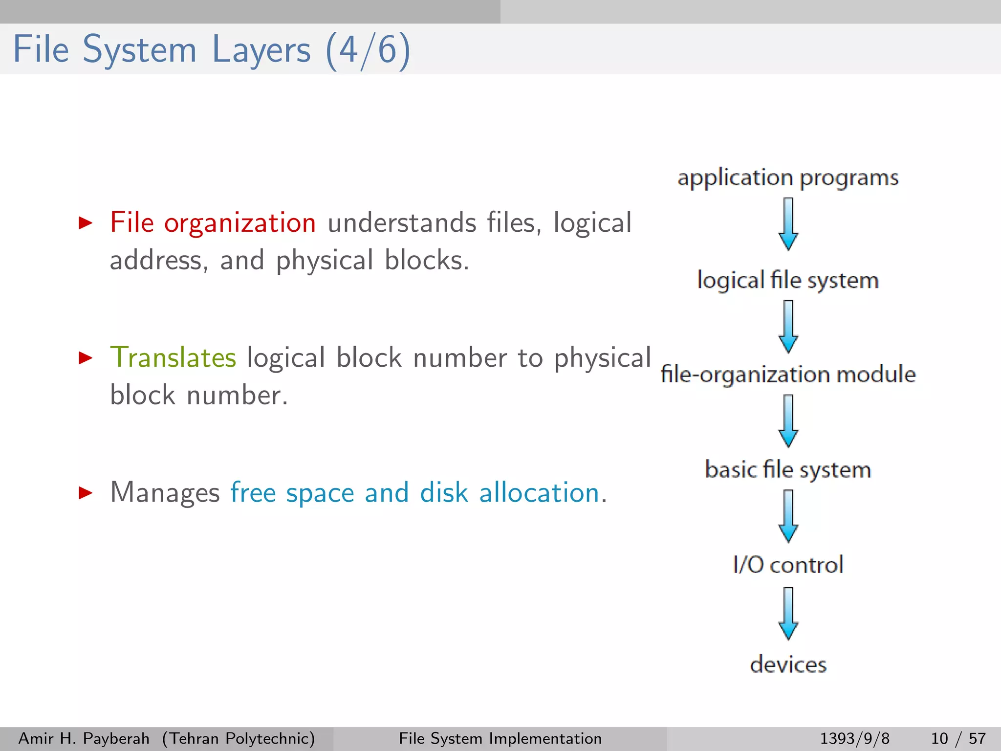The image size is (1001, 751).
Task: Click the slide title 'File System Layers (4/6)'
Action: click(x=211, y=50)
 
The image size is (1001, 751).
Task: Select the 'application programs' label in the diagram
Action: click(x=787, y=178)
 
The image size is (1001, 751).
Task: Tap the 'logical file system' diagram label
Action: click(x=787, y=281)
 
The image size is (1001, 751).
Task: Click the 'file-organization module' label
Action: click(x=787, y=375)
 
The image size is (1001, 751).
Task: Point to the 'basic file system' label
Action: click(x=787, y=469)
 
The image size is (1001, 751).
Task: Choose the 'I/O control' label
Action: click(x=787, y=565)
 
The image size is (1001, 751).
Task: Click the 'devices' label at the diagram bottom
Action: click(x=787, y=664)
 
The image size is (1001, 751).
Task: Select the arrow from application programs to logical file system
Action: click(x=788, y=224)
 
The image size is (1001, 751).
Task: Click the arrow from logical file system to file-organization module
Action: click(x=788, y=327)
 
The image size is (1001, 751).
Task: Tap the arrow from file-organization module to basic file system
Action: click(x=788, y=421)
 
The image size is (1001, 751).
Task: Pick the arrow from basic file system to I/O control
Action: click(x=788, y=516)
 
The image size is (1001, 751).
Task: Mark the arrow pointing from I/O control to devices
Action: click(x=788, y=614)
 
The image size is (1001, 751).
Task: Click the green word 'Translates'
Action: click(x=173, y=357)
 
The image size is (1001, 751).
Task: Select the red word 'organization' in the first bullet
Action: click(x=239, y=223)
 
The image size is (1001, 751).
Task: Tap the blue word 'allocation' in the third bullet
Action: click(x=539, y=492)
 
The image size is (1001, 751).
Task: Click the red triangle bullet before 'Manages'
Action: click(x=86, y=492)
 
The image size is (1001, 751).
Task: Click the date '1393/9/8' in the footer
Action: click(x=854, y=738)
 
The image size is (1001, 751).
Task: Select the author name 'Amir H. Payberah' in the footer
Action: click(x=84, y=738)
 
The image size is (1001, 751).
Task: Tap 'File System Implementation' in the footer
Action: click(x=500, y=738)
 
